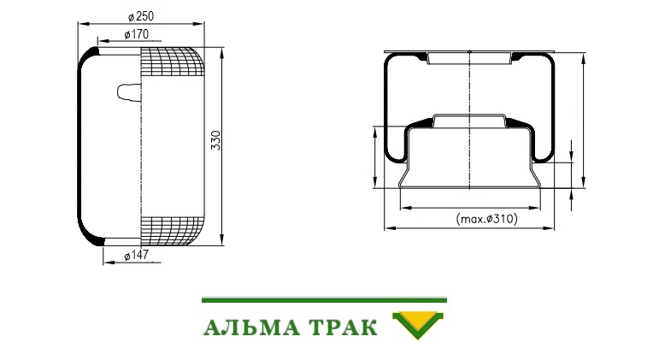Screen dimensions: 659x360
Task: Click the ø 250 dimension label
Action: point(141,16)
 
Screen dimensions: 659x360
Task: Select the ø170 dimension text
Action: point(137,34)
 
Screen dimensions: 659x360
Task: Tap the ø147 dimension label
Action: point(137,255)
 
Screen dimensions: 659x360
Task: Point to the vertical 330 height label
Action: point(215,140)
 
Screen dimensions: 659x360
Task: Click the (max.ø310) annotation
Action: point(486,219)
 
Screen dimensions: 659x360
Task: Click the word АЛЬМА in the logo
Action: point(252,328)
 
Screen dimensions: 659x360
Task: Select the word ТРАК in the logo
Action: point(343,328)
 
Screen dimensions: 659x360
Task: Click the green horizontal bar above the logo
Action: point(324,300)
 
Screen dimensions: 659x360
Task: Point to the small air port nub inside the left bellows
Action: point(129,91)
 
